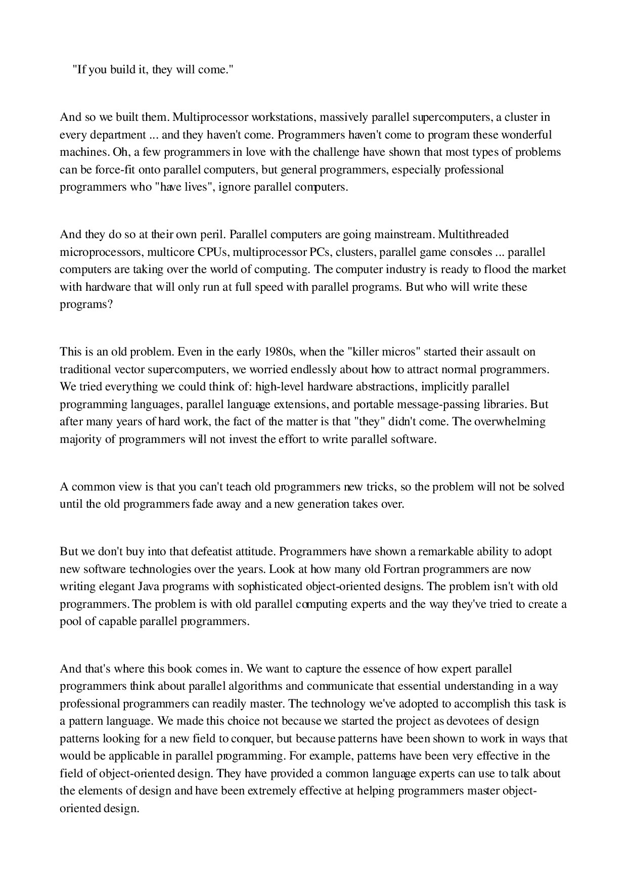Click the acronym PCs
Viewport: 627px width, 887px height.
click(320, 252)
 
